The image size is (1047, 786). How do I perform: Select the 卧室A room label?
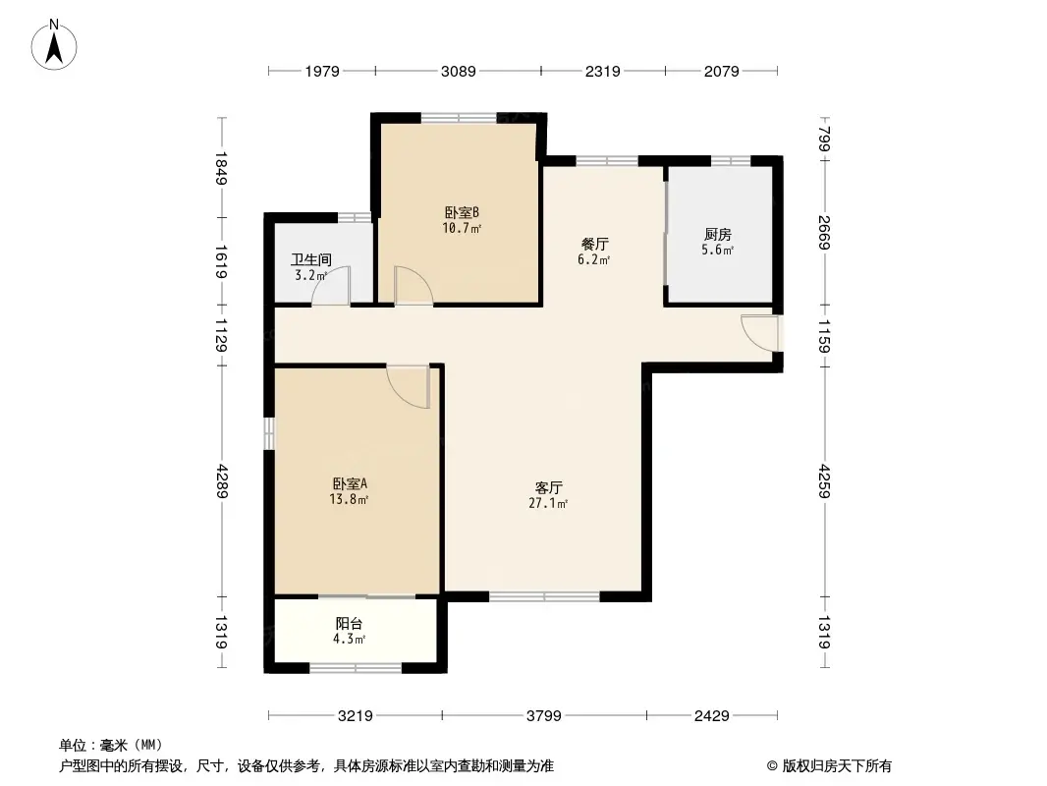[350, 484]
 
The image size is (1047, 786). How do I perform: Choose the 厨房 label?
[718, 235]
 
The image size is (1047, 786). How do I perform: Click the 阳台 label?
[350, 624]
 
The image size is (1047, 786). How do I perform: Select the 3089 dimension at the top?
[458, 71]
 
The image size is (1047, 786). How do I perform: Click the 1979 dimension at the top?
[321, 71]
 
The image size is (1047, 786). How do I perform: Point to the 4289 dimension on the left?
[222, 481]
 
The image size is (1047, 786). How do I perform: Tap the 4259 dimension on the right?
[824, 480]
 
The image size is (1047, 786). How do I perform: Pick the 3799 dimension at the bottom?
[543, 716]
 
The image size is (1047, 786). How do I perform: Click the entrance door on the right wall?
[761, 332]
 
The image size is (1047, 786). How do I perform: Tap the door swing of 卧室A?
[410, 384]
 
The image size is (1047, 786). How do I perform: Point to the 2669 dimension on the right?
[824, 232]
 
